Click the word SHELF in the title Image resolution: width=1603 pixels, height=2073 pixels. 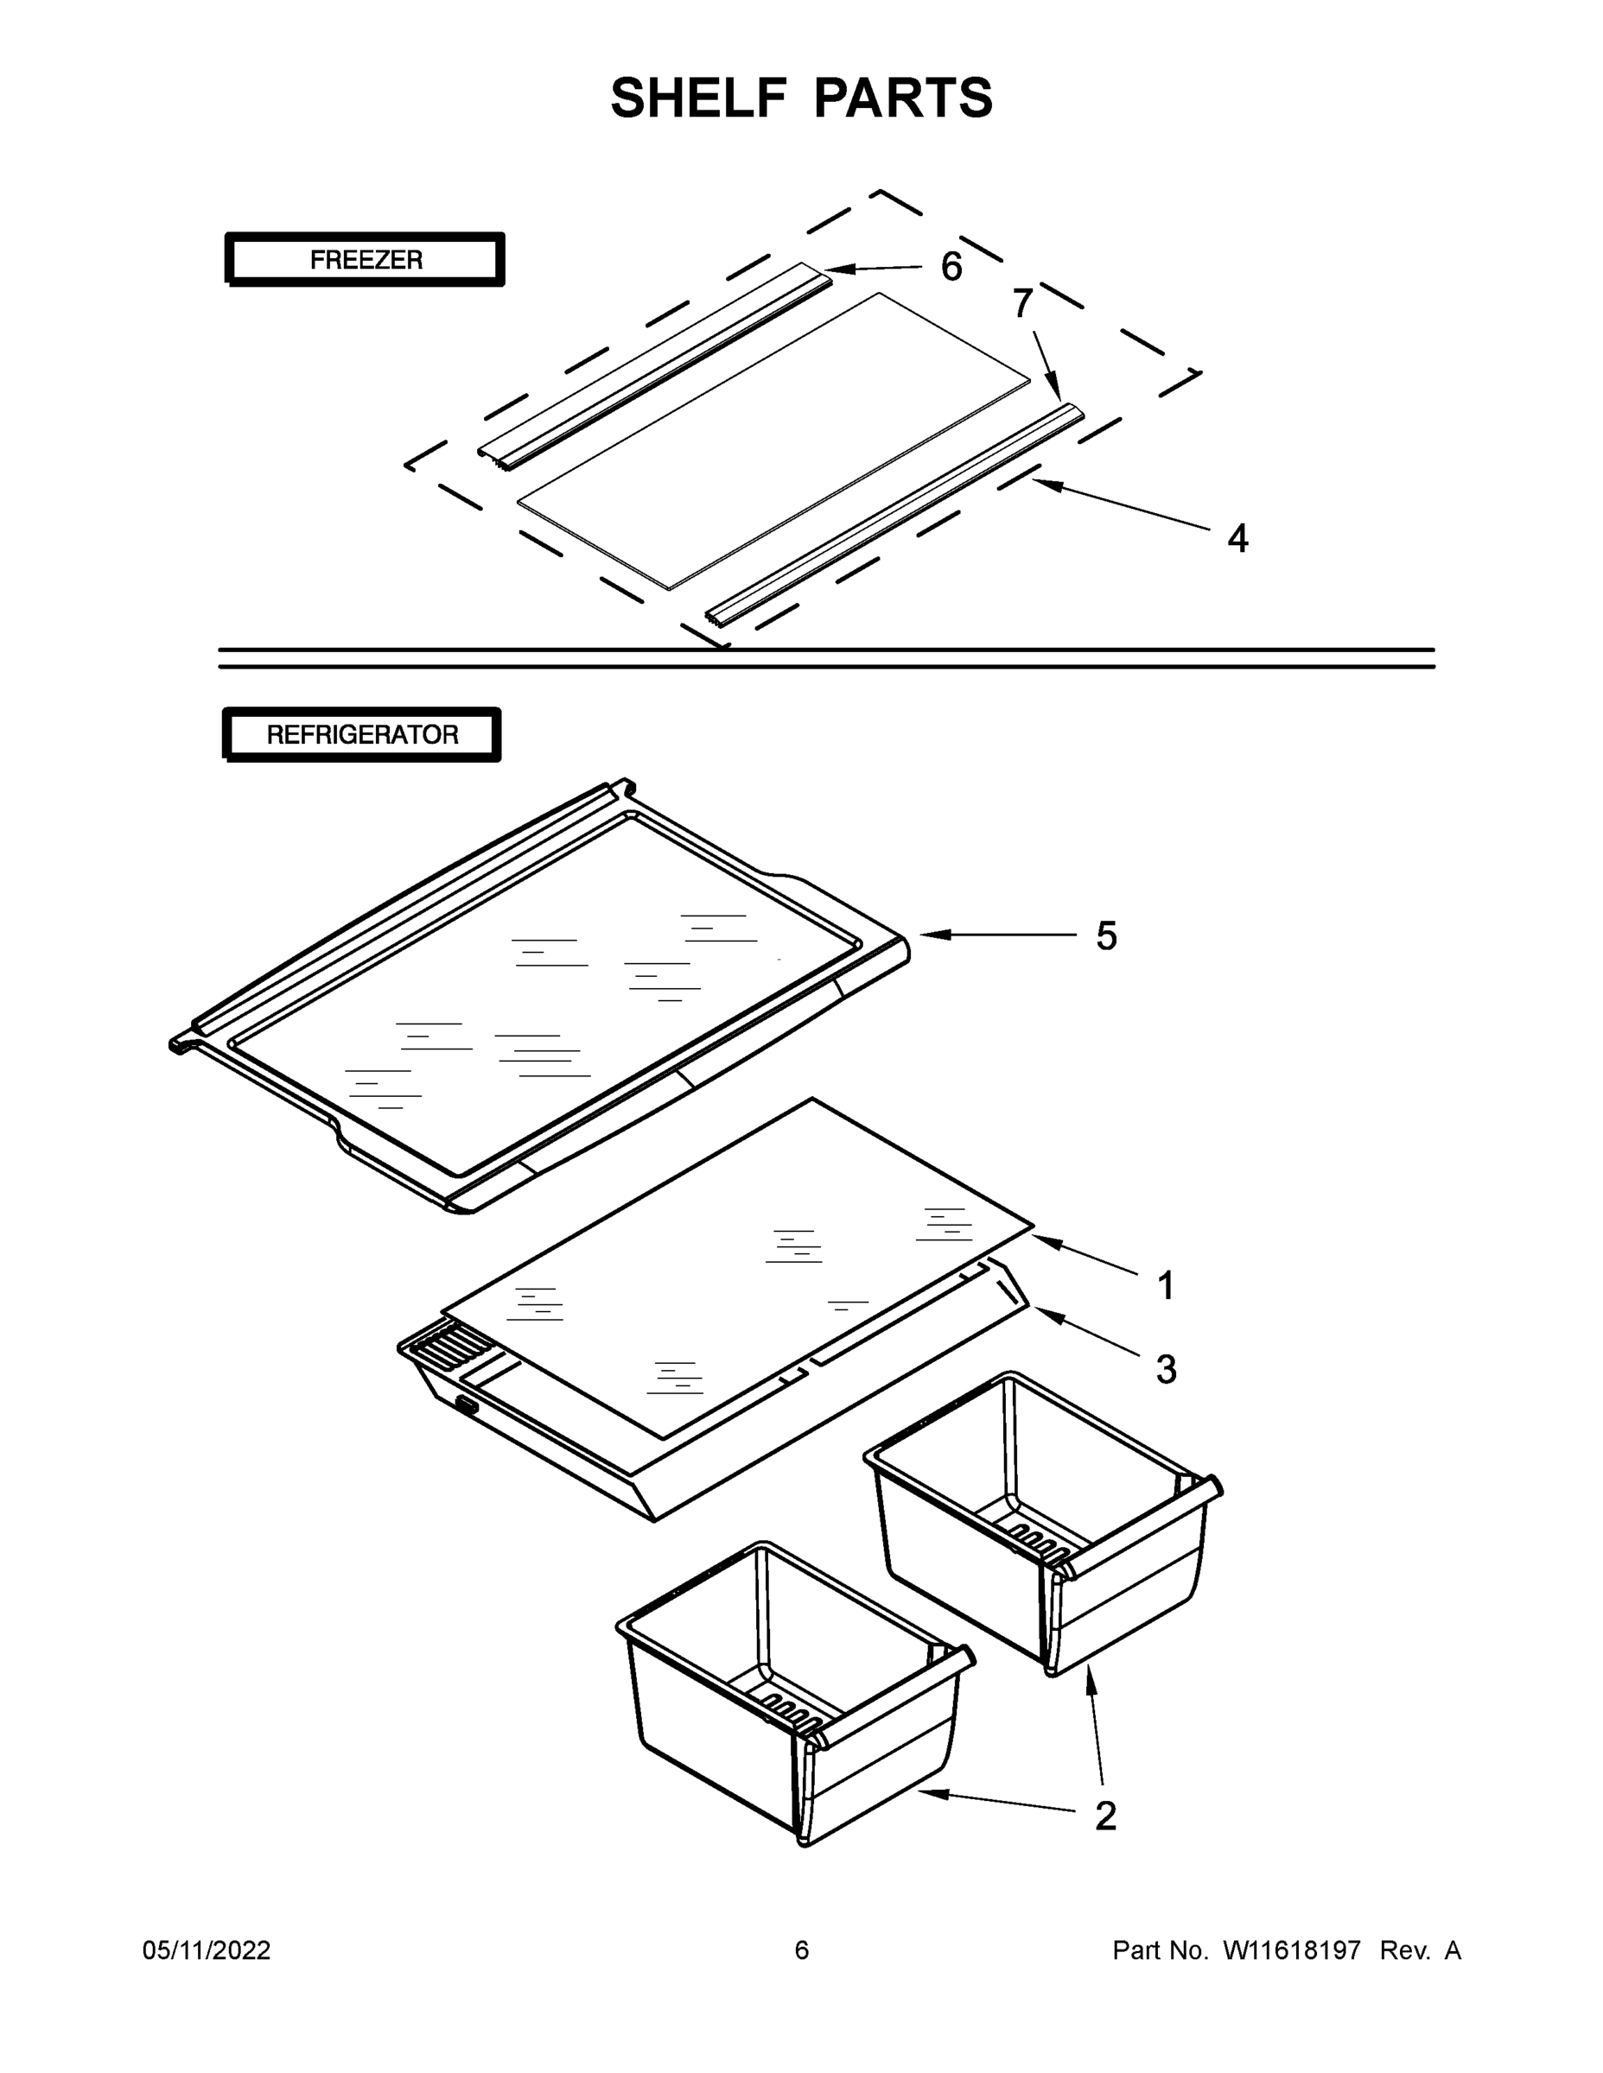699,98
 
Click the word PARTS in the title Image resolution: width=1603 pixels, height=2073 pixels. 903,98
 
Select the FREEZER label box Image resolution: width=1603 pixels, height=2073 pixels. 365,259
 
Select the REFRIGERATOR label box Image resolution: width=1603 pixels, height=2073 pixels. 362,735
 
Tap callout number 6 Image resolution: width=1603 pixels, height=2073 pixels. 951,267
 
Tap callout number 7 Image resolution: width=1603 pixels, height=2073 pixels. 1021,304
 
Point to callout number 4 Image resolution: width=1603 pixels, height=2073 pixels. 1237,538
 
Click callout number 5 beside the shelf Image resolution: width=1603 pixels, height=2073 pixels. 1106,936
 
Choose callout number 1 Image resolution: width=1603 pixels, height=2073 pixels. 1166,1286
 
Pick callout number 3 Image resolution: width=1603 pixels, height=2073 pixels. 1166,1370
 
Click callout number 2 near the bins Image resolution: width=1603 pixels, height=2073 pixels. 1105,1816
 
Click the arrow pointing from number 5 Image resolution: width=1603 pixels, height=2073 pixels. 997,935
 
